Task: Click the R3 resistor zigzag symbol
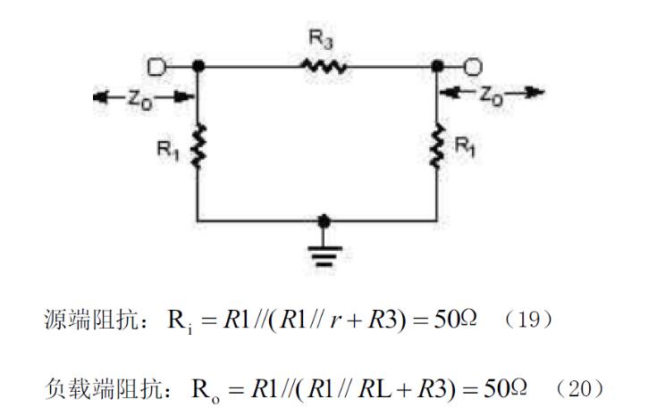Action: [323, 66]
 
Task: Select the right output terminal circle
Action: [474, 66]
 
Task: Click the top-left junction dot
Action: [198, 66]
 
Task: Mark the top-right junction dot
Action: [437, 66]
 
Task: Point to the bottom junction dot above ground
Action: [324, 220]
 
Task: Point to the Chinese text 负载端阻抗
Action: [90, 388]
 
